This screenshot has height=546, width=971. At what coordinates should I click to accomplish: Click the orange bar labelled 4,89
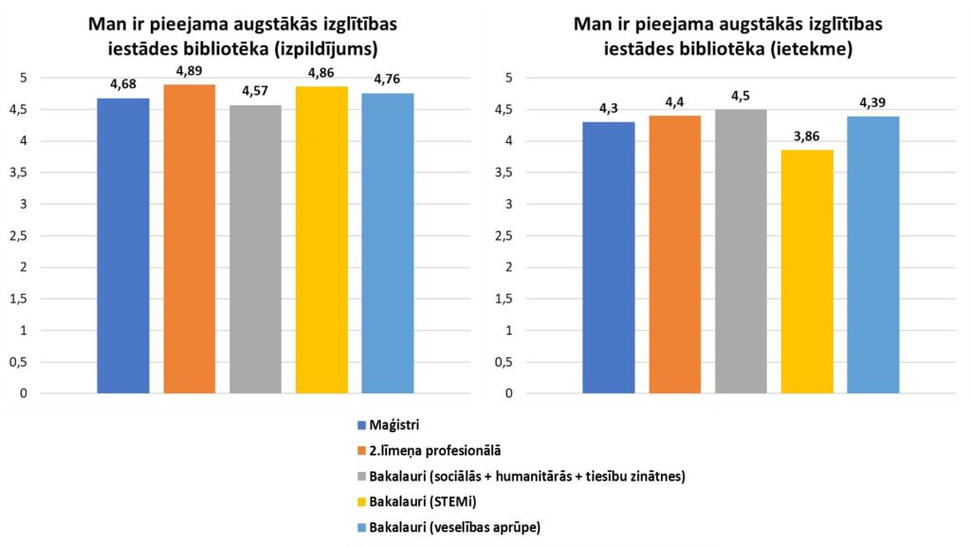pyautogui.click(x=190, y=238)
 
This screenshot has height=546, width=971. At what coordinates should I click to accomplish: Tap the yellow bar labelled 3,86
pyautogui.click(x=807, y=271)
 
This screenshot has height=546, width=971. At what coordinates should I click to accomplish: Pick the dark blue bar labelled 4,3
pyautogui.click(x=609, y=257)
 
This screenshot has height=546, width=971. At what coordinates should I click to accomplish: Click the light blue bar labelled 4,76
pyautogui.click(x=387, y=243)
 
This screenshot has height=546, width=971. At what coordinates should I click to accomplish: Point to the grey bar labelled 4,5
pyautogui.click(x=741, y=250)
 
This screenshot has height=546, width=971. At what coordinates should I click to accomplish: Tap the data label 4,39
pyautogui.click(x=872, y=102)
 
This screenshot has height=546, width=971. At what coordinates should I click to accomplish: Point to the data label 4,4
pyautogui.click(x=674, y=102)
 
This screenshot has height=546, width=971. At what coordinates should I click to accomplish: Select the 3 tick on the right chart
pyautogui.click(x=510, y=204)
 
